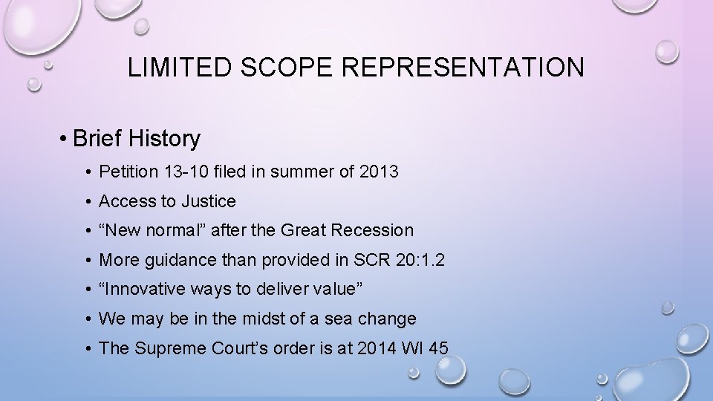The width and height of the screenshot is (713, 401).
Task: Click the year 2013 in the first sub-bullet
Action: point(379,172)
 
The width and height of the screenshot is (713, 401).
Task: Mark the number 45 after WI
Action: point(438,348)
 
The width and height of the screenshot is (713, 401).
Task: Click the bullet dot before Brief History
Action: point(66,139)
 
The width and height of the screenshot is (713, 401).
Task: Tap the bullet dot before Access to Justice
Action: point(88,202)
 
